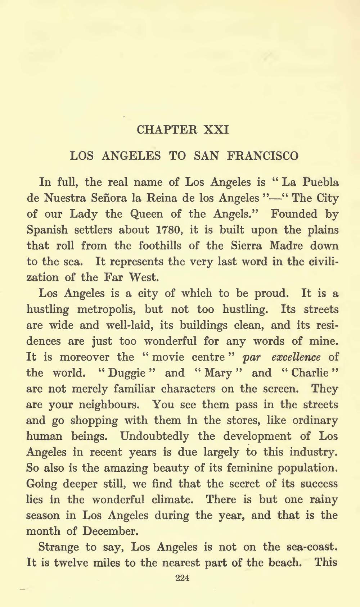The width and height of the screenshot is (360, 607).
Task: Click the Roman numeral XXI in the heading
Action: click(x=216, y=130)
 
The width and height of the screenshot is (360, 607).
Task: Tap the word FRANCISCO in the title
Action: click(x=263, y=156)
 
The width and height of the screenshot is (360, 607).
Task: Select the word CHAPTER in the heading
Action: click(x=167, y=130)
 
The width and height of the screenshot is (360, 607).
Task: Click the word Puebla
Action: click(x=320, y=182)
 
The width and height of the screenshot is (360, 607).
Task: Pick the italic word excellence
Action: click(x=296, y=357)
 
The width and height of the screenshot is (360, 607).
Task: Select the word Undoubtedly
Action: click(x=154, y=436)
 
